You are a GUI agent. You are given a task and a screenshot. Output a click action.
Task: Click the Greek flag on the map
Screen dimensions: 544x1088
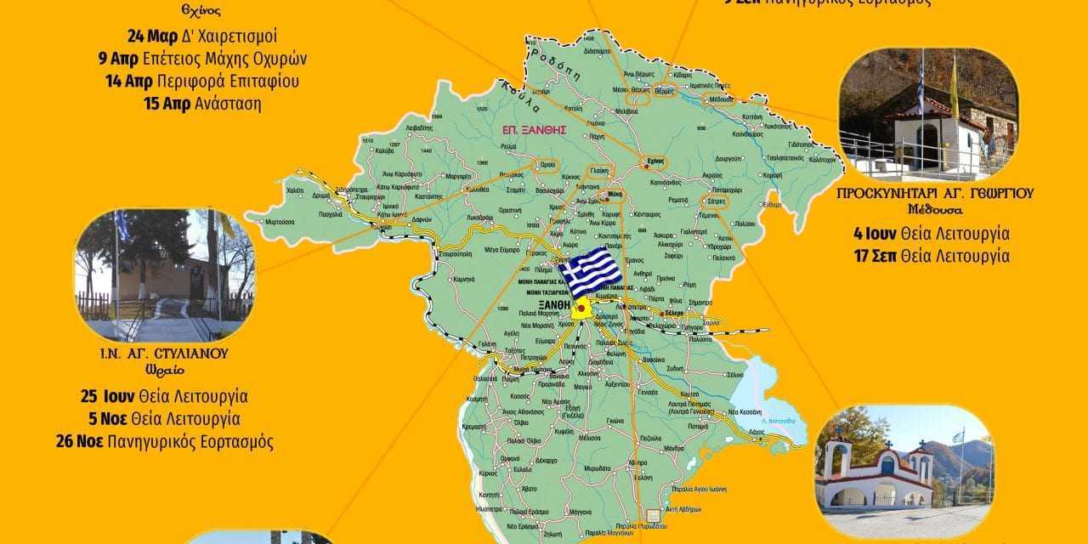tap(590, 271)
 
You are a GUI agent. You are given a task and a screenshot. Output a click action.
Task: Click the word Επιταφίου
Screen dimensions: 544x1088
tap(260, 82)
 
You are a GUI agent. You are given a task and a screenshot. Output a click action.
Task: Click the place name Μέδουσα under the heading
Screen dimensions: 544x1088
tap(933, 209)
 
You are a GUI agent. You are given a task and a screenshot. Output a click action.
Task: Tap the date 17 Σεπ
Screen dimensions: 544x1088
tap(875, 255)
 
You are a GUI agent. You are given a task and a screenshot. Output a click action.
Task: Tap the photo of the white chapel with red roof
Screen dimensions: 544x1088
tap(927, 114)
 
